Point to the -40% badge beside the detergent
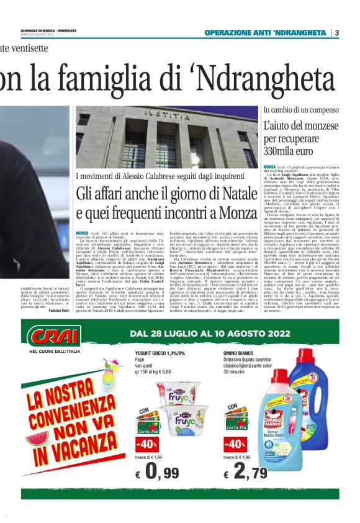tap(235, 445)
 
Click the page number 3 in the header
tap(337, 32)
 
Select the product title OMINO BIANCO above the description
tap(240, 353)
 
